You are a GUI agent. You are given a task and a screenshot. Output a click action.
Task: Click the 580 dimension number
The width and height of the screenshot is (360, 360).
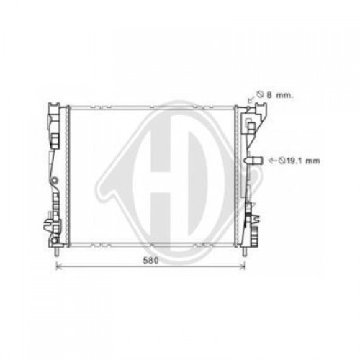coord(150,261)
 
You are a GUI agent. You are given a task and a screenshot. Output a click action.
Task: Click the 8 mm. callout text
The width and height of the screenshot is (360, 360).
coord(280,95)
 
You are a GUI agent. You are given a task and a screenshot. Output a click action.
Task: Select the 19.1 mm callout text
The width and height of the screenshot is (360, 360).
coord(303,161)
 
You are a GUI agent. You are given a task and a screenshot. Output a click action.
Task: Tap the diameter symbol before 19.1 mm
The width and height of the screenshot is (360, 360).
coord(282,161)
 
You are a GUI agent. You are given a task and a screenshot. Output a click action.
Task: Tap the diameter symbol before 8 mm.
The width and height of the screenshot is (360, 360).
coord(260,94)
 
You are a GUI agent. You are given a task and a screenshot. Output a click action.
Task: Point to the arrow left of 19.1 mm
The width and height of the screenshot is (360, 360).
coord(274,161)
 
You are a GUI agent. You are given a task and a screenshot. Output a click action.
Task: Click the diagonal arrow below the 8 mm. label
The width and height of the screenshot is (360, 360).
coord(251,99)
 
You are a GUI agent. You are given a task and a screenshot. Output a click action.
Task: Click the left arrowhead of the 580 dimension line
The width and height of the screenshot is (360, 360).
coord(58,266)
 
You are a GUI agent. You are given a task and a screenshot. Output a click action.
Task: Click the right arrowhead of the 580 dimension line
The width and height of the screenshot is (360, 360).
coord(243,266)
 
